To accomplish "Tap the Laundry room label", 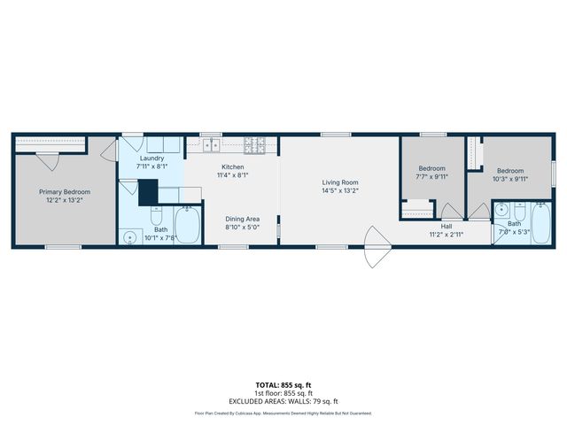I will point(151,158).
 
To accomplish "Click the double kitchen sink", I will point(212,144).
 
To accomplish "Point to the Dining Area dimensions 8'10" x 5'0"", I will point(241,228).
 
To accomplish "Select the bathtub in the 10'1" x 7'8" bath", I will point(188,225).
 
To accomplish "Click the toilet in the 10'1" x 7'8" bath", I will point(154,217).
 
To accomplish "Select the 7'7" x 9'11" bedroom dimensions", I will point(431,176).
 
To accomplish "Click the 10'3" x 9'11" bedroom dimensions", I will point(509,179).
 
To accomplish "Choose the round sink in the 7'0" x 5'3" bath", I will point(501,210).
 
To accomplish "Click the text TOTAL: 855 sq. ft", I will point(283,385).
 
